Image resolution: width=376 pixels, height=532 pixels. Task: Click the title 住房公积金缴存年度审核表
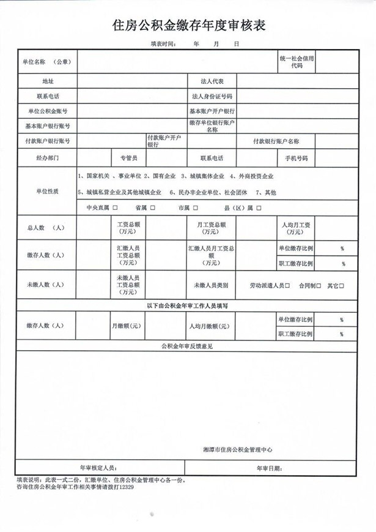click(188, 25)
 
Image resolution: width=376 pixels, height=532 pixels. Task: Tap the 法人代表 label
click(212, 81)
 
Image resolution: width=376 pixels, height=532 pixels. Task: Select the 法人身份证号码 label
click(212, 96)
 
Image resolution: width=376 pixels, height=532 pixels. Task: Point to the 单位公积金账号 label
click(48, 111)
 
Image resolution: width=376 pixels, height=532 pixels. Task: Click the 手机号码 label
click(296, 157)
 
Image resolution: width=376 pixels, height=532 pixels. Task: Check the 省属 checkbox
click(151, 208)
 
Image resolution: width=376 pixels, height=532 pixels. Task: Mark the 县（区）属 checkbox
click(259, 208)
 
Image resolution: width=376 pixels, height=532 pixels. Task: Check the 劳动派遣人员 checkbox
click(290, 285)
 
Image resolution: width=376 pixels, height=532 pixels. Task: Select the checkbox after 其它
click(342, 285)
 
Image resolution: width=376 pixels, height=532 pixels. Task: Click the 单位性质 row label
click(48, 192)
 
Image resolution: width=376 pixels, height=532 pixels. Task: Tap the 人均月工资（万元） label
click(296, 228)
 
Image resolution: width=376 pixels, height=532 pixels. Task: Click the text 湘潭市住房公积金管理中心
click(237, 449)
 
